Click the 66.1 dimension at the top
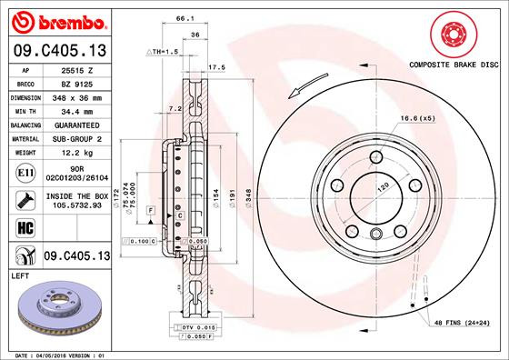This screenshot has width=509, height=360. [185, 17]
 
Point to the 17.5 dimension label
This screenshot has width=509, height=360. [216, 67]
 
